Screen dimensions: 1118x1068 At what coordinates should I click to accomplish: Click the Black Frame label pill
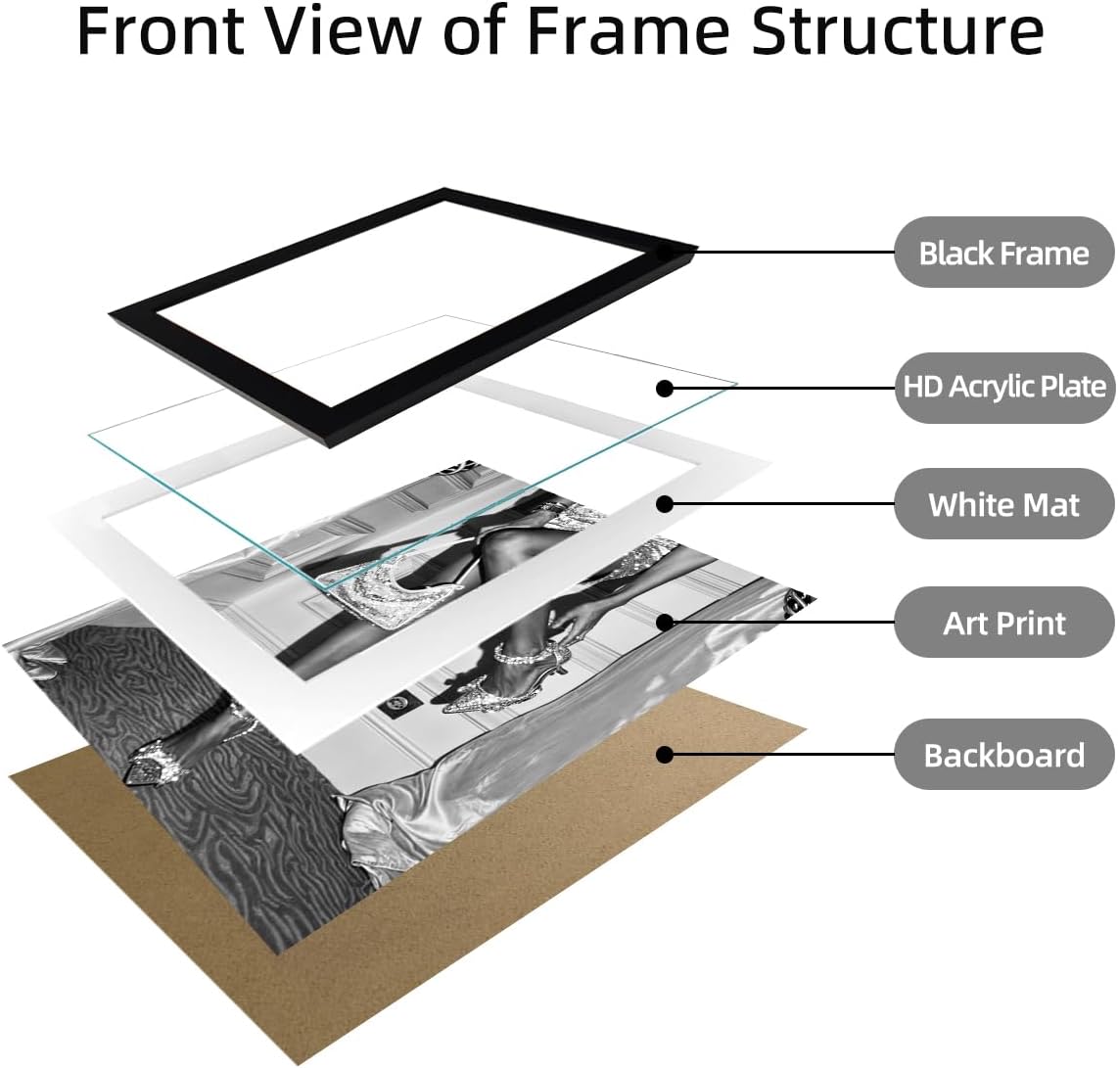pos(1003,253)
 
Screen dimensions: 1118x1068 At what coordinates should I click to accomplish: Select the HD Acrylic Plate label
pos(1003,387)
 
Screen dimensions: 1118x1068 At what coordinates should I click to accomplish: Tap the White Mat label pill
pos(1003,504)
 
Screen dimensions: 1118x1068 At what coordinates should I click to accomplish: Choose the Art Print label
pos(1003,623)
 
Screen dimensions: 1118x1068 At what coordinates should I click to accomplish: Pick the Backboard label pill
pos(1003,755)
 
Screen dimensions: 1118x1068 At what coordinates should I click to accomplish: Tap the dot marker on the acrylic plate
pos(665,388)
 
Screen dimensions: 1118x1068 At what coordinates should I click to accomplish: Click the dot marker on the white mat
pos(665,504)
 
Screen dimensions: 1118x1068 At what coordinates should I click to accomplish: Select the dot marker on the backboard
pos(665,755)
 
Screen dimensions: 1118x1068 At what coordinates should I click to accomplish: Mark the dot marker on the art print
pos(665,622)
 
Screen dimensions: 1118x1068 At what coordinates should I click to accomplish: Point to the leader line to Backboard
pos(780,755)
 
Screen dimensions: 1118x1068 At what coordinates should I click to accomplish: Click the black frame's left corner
pos(110,313)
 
